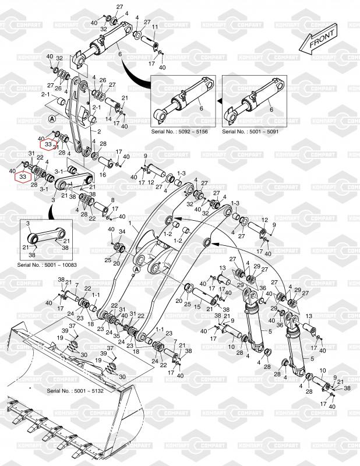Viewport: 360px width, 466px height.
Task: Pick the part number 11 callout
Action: point(155,27)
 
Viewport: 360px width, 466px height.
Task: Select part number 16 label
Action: point(103,174)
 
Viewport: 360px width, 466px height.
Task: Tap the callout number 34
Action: point(121,232)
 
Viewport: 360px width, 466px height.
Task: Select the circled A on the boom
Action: point(135,270)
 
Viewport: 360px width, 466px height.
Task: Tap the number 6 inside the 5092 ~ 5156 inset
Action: point(200,109)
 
